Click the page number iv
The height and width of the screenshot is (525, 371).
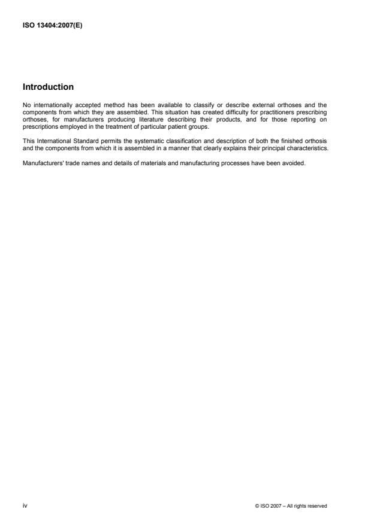(x=24, y=505)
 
